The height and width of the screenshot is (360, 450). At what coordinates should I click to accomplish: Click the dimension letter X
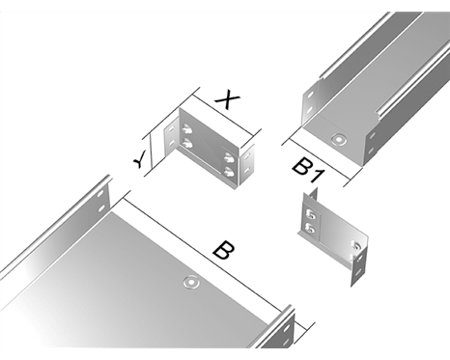[228, 100]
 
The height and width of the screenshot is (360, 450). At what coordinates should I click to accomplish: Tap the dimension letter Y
[140, 159]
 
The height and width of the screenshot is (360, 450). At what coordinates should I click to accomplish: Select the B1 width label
[307, 172]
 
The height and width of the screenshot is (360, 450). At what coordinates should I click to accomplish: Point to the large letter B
[223, 249]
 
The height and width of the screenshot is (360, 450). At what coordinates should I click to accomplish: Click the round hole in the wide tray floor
[191, 282]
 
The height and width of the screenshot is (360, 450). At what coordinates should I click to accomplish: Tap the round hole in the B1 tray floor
[339, 140]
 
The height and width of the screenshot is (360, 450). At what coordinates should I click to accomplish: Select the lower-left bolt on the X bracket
[186, 143]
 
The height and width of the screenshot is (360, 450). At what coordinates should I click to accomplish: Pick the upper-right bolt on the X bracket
[229, 157]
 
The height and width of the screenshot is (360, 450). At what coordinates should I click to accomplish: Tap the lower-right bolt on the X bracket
[229, 172]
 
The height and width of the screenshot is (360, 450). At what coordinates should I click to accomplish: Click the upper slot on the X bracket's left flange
[171, 129]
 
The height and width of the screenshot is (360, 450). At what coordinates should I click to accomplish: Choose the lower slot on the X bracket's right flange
[246, 170]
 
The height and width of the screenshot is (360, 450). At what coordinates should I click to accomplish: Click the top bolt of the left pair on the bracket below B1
[310, 213]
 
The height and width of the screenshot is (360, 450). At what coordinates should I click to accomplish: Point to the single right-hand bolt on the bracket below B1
[357, 246]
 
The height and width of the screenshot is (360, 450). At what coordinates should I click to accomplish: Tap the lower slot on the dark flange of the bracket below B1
[357, 272]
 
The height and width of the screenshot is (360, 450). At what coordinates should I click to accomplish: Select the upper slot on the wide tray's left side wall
[101, 194]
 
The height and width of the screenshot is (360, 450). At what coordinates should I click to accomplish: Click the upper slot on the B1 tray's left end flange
[310, 96]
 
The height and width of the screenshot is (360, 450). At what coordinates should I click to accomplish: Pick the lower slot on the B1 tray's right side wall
[371, 151]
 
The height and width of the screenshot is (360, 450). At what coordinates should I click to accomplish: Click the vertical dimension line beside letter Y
[151, 152]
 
